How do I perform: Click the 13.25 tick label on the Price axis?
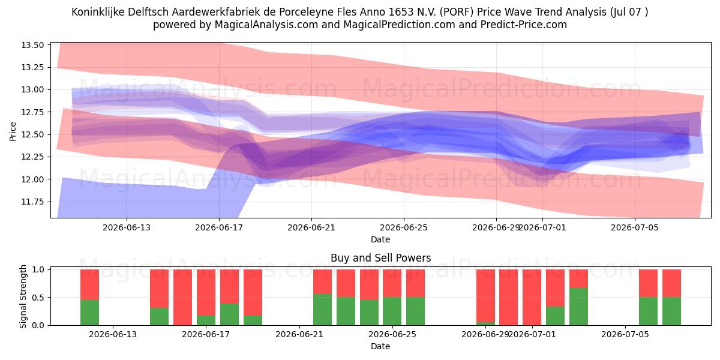click(x=32, y=67)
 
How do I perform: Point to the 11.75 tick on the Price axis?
click(x=32, y=202)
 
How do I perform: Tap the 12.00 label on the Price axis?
click(x=32, y=179)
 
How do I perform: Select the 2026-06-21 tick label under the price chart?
click(x=311, y=227)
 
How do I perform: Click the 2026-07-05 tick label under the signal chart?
click(x=625, y=334)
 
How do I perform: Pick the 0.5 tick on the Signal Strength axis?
click(x=38, y=298)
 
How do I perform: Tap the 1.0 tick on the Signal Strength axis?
click(x=38, y=269)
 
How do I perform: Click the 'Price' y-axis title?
click(x=13, y=131)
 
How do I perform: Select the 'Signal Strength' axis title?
click(x=23, y=296)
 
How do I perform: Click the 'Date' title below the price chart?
click(x=380, y=239)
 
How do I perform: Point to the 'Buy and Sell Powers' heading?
click(x=380, y=258)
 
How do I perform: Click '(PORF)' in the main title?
click(x=457, y=12)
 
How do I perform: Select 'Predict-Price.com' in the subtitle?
click(x=524, y=25)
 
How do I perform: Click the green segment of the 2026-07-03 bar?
click(x=578, y=307)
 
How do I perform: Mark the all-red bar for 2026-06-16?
click(x=182, y=298)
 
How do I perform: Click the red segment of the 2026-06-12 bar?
click(x=89, y=284)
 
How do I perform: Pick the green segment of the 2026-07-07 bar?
click(x=671, y=311)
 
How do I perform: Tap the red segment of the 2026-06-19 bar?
click(x=253, y=293)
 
